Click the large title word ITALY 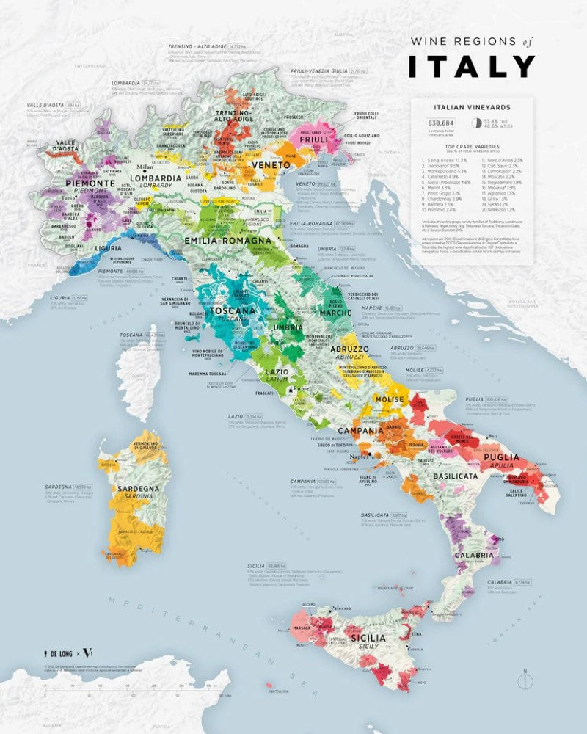[472, 66]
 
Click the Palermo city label [340, 608]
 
